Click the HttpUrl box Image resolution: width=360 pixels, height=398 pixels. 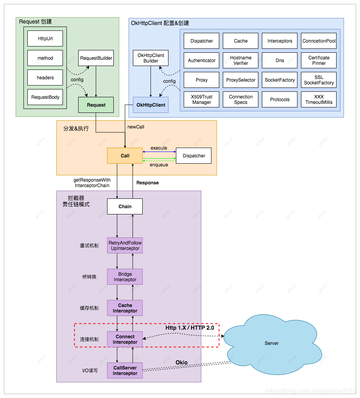45,39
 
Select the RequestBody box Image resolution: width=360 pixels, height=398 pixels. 45,97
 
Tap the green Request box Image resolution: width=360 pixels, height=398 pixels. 96,105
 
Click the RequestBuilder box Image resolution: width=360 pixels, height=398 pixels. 96,58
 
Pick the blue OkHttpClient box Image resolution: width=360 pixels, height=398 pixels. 150,105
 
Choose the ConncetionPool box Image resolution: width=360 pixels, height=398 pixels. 319,41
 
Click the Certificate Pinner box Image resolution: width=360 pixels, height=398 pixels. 319,61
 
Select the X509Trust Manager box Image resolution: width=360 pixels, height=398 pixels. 201,100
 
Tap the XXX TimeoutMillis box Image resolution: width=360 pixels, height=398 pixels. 319,100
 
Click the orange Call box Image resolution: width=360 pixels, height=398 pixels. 125,156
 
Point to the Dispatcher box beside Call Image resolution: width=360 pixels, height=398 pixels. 193,156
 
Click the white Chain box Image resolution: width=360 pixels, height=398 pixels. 125,207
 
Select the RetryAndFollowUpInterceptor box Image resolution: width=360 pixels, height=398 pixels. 125,246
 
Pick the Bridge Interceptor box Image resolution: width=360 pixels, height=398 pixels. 125,277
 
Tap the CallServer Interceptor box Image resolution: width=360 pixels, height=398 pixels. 125,371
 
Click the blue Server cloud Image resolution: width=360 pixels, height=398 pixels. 272,343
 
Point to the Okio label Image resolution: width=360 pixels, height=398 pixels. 181,363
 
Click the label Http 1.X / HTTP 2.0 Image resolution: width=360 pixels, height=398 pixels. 190,328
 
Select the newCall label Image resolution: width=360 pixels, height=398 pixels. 136,127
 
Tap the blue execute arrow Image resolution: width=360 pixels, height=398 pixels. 159,152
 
